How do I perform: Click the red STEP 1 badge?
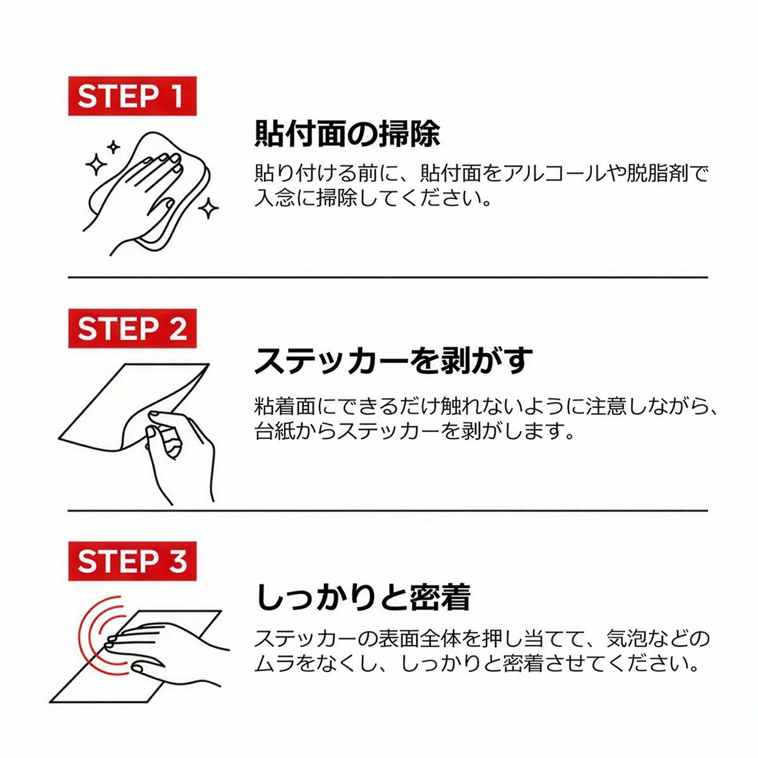[x=132, y=96]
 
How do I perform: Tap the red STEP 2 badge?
[x=132, y=328]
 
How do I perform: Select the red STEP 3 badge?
[x=132, y=560]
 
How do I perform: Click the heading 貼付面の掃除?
[x=347, y=134]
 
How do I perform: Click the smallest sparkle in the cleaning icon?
[x=114, y=148]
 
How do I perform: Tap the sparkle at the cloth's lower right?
[x=208, y=208]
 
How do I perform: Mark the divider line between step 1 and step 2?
[x=388, y=277]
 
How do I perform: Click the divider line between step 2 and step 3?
[x=388, y=511]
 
